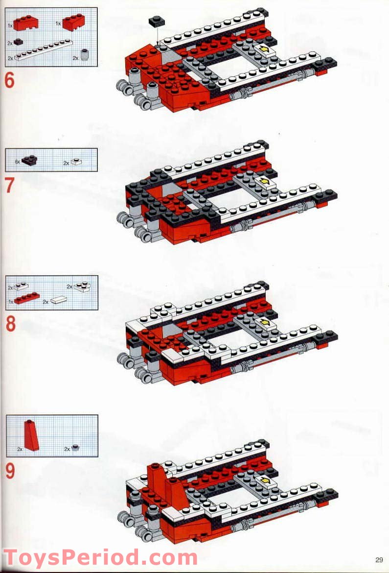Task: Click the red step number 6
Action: point(10,80)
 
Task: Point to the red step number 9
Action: point(10,471)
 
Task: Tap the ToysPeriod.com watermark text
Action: point(100,558)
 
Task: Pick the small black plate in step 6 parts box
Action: point(19,43)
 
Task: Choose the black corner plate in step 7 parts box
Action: point(30,160)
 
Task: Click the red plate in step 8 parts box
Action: point(27,298)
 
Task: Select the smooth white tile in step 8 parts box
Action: point(57,300)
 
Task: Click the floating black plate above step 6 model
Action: point(158,21)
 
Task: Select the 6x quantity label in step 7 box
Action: point(17,161)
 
